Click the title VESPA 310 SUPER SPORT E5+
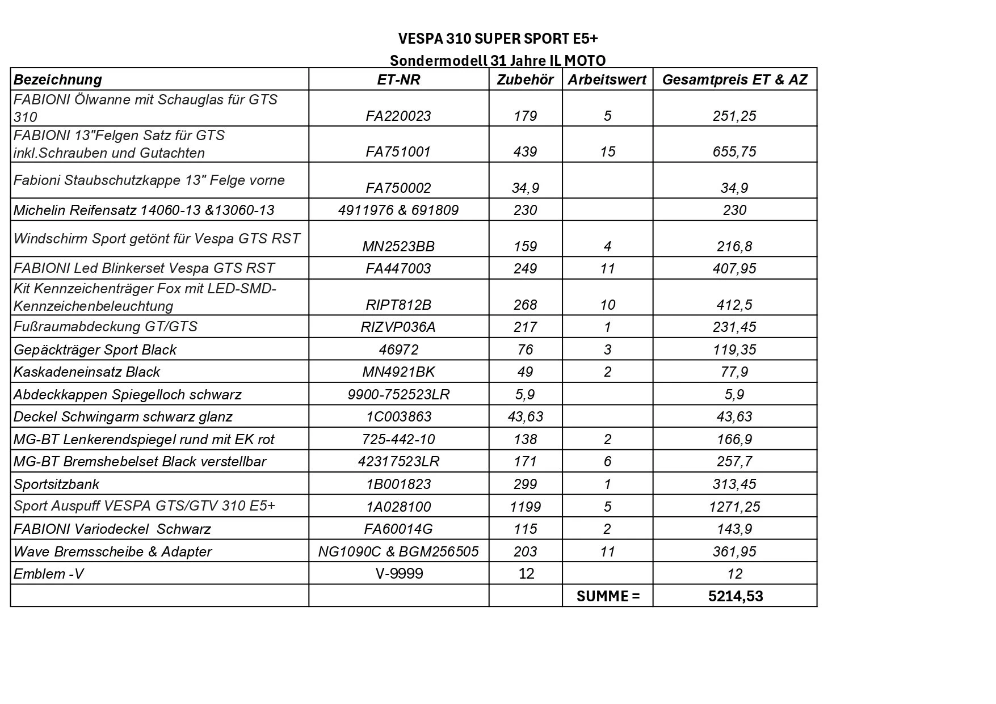pyautogui.click(x=498, y=39)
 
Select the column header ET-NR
pyautogui.click(x=398, y=80)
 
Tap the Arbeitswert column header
pyautogui.click(x=607, y=80)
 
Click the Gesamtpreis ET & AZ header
pyautogui.click(x=734, y=80)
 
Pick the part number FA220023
pyautogui.click(x=398, y=116)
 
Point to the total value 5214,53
pyautogui.click(x=736, y=596)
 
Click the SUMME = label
pyautogui.click(x=607, y=596)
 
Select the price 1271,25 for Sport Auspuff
pyautogui.click(x=734, y=507)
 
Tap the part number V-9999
pyautogui.click(x=399, y=574)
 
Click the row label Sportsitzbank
pyautogui.click(x=56, y=484)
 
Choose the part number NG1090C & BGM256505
pyautogui.click(x=398, y=551)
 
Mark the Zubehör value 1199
pyautogui.click(x=525, y=507)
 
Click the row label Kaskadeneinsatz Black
pyautogui.click(x=87, y=372)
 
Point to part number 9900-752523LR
pyautogui.click(x=398, y=395)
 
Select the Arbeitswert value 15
pyautogui.click(x=607, y=152)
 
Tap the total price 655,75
pyautogui.click(x=734, y=152)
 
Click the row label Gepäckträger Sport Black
pyautogui.click(x=95, y=350)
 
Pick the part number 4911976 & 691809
pyautogui.click(x=398, y=210)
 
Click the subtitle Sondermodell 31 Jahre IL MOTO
pyautogui.click(x=498, y=61)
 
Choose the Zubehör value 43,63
pyautogui.click(x=525, y=417)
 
